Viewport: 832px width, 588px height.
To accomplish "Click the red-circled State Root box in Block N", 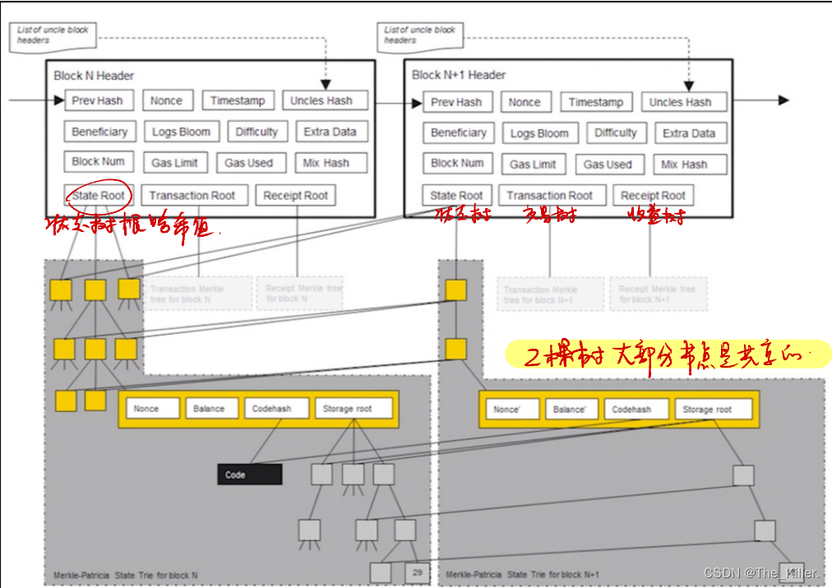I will [98, 196].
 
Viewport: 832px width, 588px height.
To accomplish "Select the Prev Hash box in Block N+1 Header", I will [457, 102].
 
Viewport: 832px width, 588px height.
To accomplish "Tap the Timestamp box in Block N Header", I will [238, 100].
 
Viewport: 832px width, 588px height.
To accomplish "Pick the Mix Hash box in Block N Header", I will [326, 163].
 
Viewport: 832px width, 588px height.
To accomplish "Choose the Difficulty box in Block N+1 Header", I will [616, 132].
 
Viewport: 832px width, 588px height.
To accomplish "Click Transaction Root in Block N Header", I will [192, 196].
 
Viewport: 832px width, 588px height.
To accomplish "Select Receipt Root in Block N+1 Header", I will [653, 196].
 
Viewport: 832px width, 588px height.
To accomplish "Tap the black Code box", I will [249, 475].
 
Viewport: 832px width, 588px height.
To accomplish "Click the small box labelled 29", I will [417, 572].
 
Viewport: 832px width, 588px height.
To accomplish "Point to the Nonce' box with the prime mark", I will [506, 409].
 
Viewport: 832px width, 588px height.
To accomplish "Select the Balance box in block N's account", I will [209, 408].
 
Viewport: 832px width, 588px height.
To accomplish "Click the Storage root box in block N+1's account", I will [706, 409].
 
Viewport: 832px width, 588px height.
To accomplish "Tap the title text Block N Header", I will [94, 76].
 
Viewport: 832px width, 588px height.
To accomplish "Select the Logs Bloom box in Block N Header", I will [182, 132].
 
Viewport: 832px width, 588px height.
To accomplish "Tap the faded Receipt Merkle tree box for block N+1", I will [657, 294].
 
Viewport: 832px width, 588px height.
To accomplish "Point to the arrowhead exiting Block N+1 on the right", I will [783, 100].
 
